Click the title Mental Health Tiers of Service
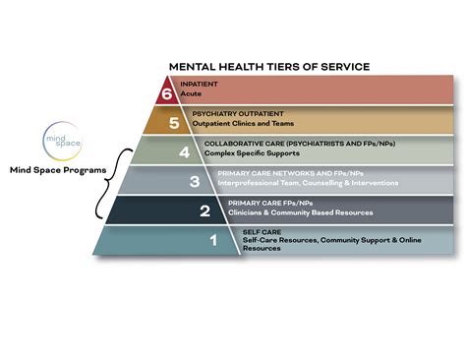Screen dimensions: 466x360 coord(268,66)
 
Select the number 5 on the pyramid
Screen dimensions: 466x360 coord(173,122)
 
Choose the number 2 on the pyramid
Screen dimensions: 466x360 coord(204,210)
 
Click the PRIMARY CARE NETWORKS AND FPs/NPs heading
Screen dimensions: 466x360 coord(284,173)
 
